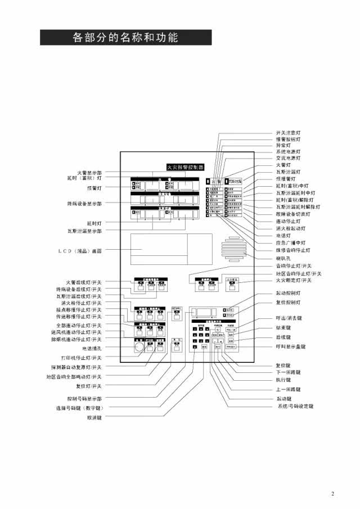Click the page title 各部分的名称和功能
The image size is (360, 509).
click(x=125, y=37)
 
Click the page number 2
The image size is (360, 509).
click(x=332, y=494)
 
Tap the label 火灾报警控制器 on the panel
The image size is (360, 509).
click(x=185, y=167)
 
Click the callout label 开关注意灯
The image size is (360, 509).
click(x=287, y=132)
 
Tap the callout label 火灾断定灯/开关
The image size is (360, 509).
click(x=293, y=280)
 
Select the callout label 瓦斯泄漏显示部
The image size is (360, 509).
click(x=85, y=231)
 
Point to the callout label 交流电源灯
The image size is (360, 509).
click(x=287, y=158)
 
